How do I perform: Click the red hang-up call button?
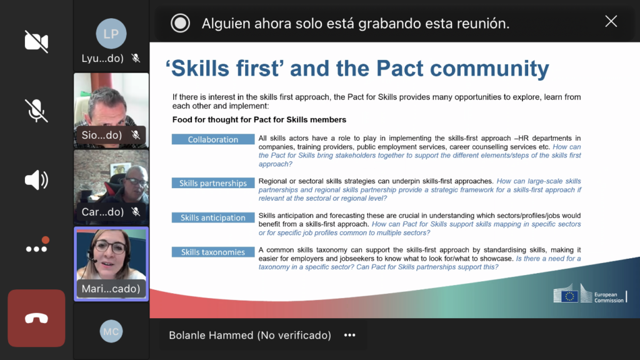[36, 318]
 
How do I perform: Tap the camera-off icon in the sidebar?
[36, 41]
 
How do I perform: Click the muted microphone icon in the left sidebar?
[36, 111]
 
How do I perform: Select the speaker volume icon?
[36, 179]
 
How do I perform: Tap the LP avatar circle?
[111, 34]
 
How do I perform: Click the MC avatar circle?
[111, 331]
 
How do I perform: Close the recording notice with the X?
[611, 21]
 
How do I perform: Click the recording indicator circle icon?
[181, 23]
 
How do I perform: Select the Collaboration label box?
[213, 139]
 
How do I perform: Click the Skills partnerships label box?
[213, 183]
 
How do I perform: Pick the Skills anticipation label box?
[213, 217]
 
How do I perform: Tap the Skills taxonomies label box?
[213, 252]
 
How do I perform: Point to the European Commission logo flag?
[569, 296]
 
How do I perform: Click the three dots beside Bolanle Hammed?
[350, 335]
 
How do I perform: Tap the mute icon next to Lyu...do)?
[136, 58]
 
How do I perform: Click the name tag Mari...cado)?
[111, 289]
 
